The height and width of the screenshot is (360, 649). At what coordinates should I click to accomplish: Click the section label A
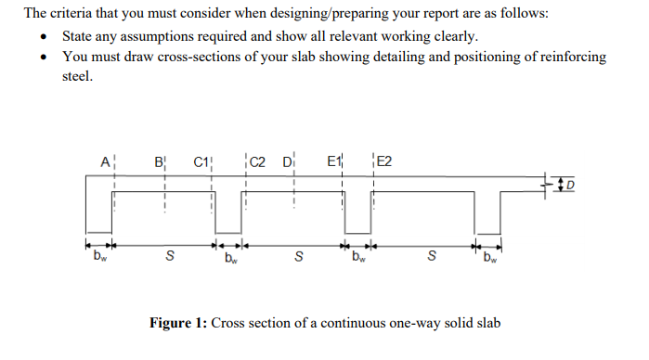pos(103,162)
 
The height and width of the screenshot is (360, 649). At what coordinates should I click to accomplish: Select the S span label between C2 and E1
pos(297,257)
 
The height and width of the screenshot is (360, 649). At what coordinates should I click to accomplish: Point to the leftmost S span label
pos(167,257)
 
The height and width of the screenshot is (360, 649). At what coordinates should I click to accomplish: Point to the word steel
pos(78,76)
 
